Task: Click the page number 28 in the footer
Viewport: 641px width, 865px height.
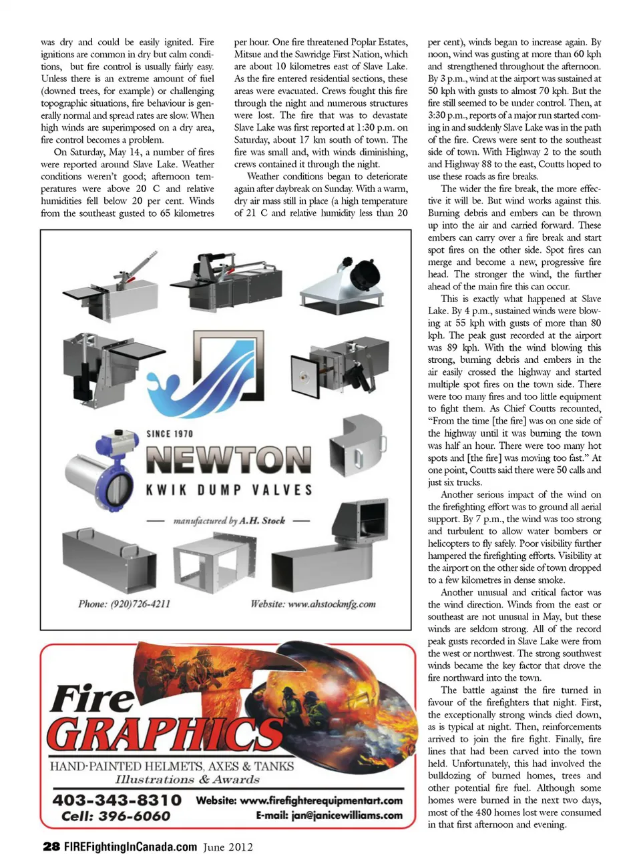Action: [x=51, y=846]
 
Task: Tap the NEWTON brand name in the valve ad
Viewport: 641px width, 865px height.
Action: [x=228, y=460]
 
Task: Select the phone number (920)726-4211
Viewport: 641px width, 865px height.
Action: [x=124, y=604]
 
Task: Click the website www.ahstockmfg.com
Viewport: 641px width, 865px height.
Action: [x=313, y=604]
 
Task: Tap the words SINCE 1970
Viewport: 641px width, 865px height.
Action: [x=170, y=434]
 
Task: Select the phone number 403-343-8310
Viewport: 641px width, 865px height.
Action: [x=117, y=800]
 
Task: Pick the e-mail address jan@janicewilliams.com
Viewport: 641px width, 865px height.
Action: [x=329, y=815]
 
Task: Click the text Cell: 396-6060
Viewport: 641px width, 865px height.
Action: [x=116, y=816]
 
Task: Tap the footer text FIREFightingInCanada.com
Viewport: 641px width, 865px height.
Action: [x=130, y=847]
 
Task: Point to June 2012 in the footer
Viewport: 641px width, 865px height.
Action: [x=228, y=847]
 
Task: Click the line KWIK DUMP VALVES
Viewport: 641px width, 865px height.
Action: [x=229, y=490]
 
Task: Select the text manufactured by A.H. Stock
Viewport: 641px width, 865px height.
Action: [x=229, y=520]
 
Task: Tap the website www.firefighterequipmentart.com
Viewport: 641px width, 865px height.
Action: [x=300, y=800]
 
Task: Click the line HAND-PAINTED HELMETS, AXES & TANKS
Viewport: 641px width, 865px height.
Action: [x=172, y=766]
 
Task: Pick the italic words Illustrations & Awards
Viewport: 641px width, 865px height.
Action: [x=187, y=779]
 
